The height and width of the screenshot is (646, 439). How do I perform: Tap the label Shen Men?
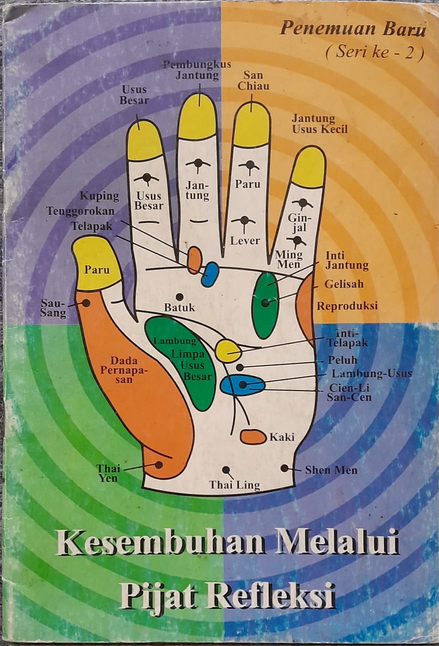pos(331,470)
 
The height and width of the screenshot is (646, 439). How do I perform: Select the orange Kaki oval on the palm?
pos(253,437)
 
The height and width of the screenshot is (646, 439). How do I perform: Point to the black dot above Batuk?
pos(180,296)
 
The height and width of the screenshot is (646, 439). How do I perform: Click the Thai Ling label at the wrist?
pos(235,485)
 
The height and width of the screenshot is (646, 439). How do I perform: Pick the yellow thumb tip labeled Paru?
pos(97,262)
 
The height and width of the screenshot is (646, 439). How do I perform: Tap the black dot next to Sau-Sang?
pos(86,303)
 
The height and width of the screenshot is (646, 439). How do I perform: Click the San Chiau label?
pos(254,80)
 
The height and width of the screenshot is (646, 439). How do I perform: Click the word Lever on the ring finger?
pos(245,240)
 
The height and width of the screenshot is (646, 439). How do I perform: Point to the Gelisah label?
pos(344,284)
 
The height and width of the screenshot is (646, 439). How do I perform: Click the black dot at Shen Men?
pos(285,468)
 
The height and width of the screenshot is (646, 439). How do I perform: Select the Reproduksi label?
pos(347,306)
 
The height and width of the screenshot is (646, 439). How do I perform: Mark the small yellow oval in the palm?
pos(229,351)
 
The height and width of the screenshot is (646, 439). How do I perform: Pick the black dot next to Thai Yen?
pos(159,465)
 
